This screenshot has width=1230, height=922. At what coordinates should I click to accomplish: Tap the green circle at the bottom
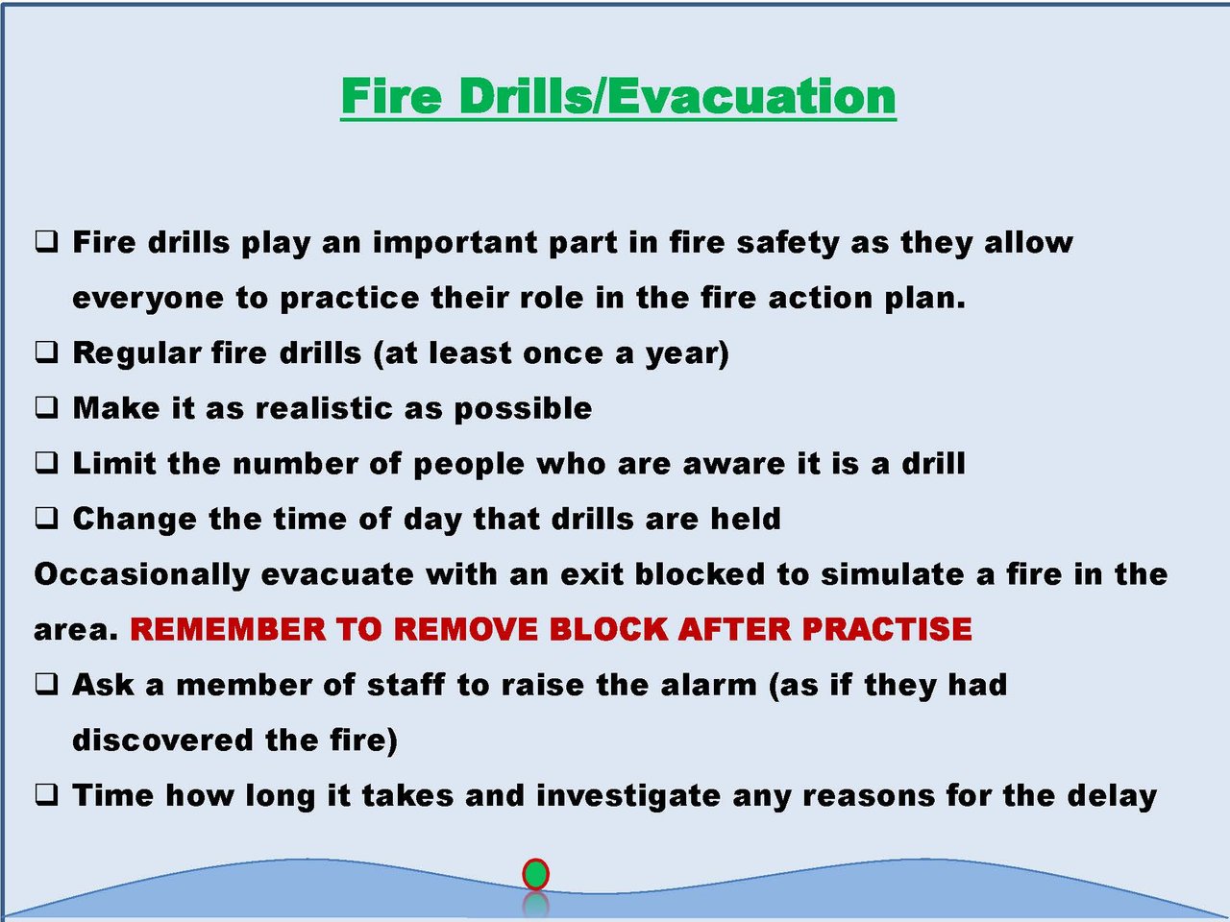coord(535,874)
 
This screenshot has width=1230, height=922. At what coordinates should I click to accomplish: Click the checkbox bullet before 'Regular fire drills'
coord(46,352)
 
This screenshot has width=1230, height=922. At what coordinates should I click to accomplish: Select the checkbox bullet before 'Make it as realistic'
coord(46,407)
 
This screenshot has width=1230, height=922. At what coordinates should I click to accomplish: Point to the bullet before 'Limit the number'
coord(46,463)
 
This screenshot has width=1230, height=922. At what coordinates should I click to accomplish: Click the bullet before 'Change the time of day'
coord(46,519)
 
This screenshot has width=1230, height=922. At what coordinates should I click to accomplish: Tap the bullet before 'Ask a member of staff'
coord(46,684)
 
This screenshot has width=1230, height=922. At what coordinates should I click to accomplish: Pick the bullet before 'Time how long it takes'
coord(46,795)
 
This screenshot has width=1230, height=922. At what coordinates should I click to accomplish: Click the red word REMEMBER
coord(228,629)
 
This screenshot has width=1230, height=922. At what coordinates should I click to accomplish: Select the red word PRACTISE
coord(887,629)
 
